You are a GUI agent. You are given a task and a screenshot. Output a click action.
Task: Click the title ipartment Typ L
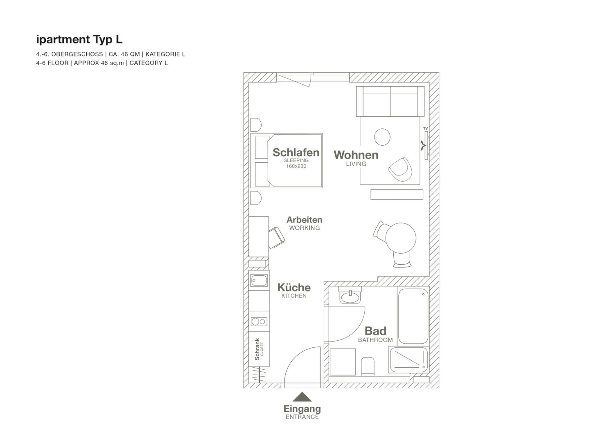pos(79,39)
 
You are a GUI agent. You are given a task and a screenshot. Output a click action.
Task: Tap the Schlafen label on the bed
pos(296,153)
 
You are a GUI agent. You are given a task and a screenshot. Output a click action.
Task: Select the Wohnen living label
pos(356,155)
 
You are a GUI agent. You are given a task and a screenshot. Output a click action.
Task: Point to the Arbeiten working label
pos(304,220)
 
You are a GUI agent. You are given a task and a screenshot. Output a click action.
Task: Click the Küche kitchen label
pos(294,288)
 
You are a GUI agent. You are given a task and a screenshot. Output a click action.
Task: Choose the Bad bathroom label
pos(375,331)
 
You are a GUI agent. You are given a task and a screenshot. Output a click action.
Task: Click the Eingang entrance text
pos(302,409)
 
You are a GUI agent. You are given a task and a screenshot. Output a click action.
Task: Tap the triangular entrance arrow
pos(302,397)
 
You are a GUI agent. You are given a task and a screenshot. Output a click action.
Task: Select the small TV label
pos(426,128)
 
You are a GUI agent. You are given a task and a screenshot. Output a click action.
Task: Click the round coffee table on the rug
pos(382,137)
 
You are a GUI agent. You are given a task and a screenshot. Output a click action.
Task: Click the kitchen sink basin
pos(259,281)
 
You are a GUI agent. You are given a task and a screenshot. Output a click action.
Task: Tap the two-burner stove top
pos(259,322)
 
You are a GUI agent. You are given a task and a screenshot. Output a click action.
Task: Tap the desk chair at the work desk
pos(277,237)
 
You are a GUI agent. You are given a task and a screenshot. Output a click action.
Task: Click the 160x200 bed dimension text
pos(296,166)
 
